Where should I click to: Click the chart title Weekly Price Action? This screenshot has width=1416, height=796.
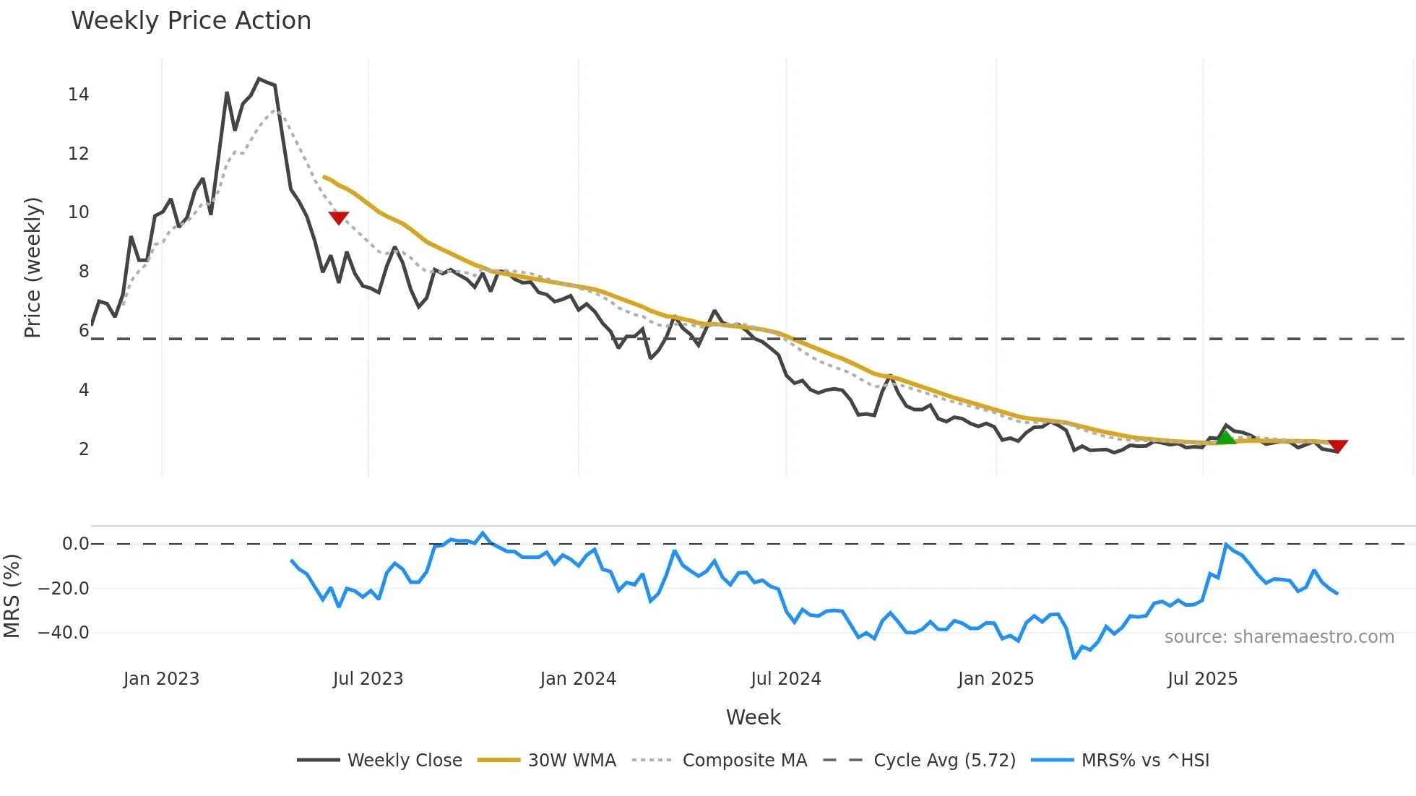pos(191,21)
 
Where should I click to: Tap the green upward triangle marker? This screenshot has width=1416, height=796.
pos(1226,438)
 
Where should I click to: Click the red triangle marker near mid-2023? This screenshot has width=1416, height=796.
pos(339,217)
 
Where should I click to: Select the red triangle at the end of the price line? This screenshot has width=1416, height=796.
pos(1338,446)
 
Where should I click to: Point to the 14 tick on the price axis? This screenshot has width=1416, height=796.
pos(79,95)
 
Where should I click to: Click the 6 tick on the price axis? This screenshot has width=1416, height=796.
pos(84,331)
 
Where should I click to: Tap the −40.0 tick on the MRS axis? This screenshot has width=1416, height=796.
pos(64,633)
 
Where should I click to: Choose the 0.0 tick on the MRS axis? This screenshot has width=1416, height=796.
pos(75,544)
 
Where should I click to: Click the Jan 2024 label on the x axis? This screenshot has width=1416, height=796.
pos(578,679)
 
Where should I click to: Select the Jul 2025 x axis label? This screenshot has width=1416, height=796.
pos(1202,679)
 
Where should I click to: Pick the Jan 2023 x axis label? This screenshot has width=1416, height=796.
pos(161,679)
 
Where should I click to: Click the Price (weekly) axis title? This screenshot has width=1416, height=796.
pos(33,267)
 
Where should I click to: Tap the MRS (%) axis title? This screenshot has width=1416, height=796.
pos(12,596)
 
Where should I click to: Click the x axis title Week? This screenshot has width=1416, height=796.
pos(753,717)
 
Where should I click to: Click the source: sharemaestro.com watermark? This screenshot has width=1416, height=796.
pos(1279,637)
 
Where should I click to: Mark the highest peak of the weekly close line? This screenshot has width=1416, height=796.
pos(259,79)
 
